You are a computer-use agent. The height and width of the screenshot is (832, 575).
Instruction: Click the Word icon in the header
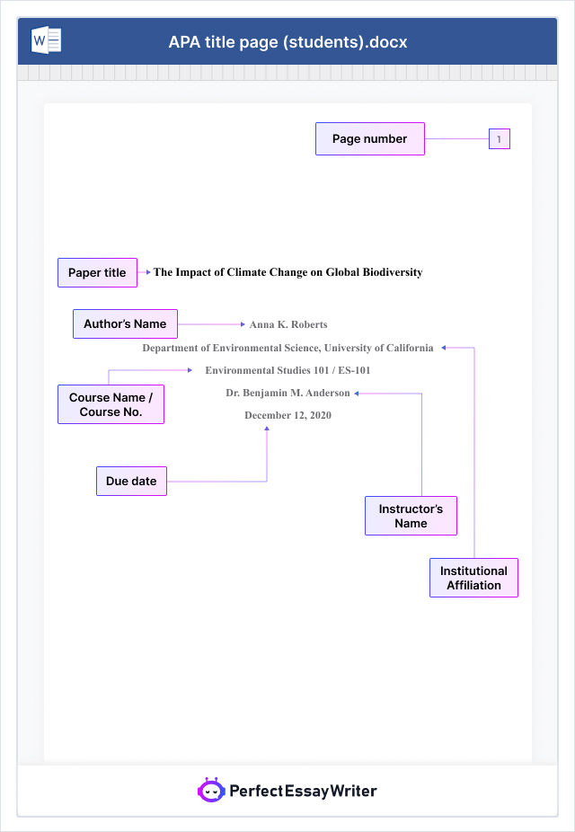pos(46,41)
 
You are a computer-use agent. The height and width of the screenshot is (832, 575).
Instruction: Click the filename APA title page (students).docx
pos(287,42)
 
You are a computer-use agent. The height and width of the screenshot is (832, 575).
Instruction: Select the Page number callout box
pos(369,139)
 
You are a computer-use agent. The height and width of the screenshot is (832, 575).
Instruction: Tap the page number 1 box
pos(500,139)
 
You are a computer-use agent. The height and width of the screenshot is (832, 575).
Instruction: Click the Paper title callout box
pos(97,273)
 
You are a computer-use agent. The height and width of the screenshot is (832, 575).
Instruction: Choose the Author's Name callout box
pos(125,324)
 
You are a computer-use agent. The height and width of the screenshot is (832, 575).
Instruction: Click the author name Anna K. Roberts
pos(288,324)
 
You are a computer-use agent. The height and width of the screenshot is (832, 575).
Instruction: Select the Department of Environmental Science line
pos(287,348)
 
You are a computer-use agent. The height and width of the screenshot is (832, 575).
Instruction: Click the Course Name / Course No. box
pos(111,404)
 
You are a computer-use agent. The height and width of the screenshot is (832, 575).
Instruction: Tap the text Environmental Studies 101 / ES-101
pos(287,370)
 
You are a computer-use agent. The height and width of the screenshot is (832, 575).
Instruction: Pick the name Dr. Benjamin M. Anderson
pos(287,393)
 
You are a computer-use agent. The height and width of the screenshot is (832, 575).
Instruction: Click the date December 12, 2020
pos(287,415)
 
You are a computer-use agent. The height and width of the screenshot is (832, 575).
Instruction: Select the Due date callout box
pos(131,482)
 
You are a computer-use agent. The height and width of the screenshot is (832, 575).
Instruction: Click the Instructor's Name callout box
pos(411,516)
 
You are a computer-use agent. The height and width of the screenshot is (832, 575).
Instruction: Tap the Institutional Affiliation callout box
pos(473,578)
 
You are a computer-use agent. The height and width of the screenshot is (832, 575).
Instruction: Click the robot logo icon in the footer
pos(210,791)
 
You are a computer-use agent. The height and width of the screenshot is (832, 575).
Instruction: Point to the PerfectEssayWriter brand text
pos(303,792)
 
